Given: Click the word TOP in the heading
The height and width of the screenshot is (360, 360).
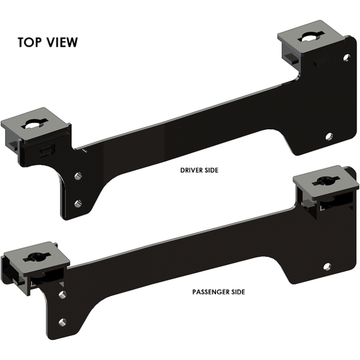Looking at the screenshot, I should point(29,42).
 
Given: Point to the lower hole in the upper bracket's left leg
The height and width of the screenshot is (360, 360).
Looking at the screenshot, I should point(77,203).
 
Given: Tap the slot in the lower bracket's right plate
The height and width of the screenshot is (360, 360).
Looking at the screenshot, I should point(325,181).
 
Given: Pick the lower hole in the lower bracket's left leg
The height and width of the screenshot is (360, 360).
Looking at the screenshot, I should point(63,323).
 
